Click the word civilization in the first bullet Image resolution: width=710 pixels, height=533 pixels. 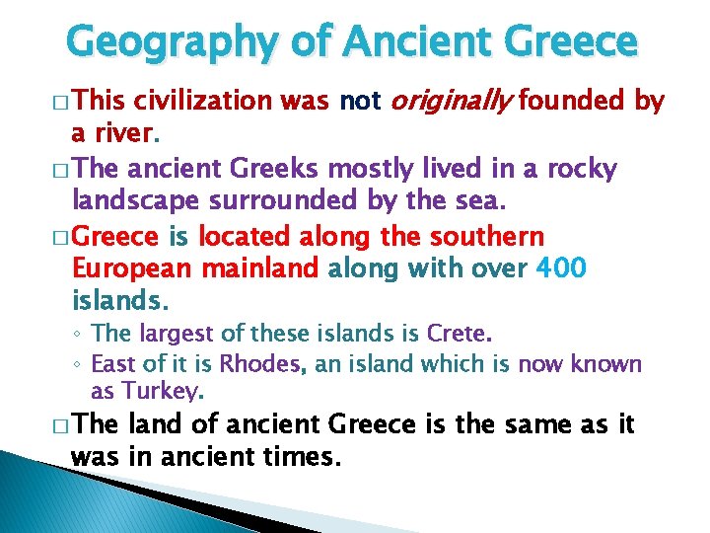[203, 100]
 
